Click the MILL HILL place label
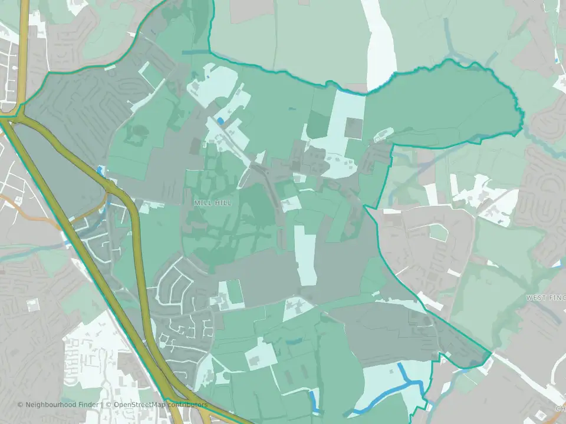[x=213, y=203]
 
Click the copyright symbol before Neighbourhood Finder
[x=21, y=405]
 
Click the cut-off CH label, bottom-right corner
[x=560, y=408]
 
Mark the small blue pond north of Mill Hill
[x=221, y=121]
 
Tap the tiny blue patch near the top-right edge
[x=557, y=60]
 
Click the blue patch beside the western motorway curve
[x=100, y=171]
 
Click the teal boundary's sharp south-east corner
[x=491, y=354]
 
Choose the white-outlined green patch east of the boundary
[x=439, y=232]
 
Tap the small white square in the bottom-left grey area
[x=32, y=304]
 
